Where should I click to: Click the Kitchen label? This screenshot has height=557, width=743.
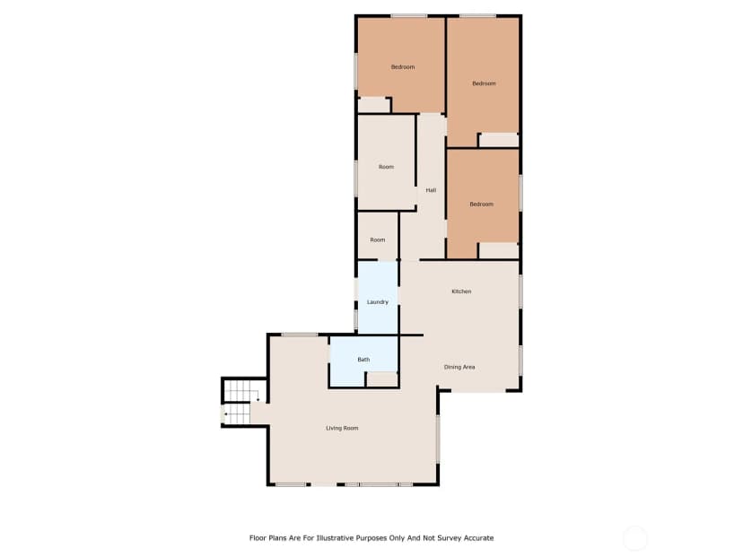[x=461, y=292]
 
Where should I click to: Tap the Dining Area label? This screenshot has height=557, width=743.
[x=459, y=367]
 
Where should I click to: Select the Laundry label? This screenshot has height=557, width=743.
[x=378, y=302]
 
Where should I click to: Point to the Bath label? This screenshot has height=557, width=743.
[x=363, y=360]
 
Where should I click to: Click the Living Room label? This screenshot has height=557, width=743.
[x=342, y=428]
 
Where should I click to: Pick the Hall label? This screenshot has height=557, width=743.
[x=431, y=190]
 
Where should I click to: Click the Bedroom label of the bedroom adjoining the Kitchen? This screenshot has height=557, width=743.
[x=482, y=205]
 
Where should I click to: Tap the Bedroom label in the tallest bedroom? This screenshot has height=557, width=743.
[x=484, y=83]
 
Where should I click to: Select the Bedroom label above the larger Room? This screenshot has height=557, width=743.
[x=403, y=66]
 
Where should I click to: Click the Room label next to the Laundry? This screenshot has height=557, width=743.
[x=378, y=239]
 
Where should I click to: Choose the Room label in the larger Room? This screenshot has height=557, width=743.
[x=386, y=167]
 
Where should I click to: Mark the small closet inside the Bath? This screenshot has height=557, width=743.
[x=382, y=379]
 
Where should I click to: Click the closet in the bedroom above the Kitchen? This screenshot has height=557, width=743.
[x=499, y=250]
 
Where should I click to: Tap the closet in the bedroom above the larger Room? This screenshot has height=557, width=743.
[x=373, y=105]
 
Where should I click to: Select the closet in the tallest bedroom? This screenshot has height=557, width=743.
[x=499, y=140]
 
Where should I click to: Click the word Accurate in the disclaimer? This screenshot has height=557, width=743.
[x=479, y=538]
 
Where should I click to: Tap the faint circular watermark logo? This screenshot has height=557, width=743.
[x=634, y=538]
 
